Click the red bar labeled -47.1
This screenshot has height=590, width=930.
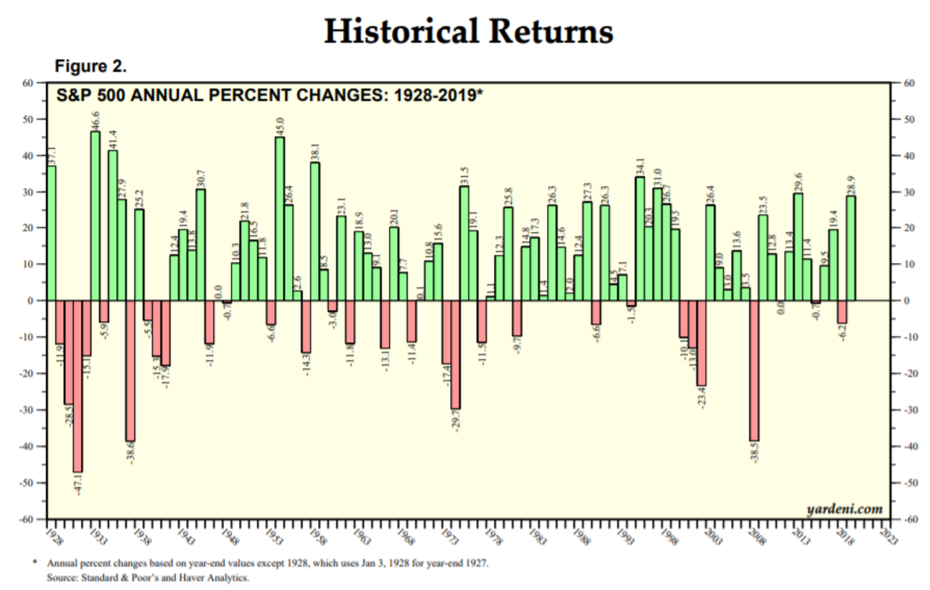pos(77,386)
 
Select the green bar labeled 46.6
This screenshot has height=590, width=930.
pos(95,215)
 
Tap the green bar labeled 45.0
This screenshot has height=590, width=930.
pos(279,218)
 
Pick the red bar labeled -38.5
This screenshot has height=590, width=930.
pos(754,370)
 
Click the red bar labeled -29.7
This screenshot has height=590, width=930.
pos(455,354)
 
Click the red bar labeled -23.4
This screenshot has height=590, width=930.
pos(701,343)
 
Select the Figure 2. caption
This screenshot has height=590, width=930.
pos(91,67)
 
